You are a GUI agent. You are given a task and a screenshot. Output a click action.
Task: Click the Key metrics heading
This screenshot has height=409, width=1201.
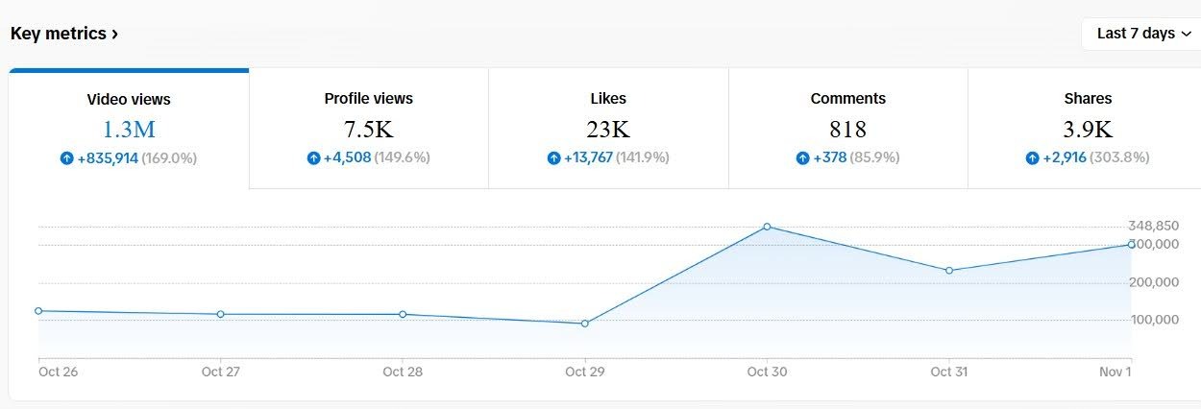coord(63,34)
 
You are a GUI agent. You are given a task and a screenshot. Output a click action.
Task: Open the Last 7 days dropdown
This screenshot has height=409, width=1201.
coord(1142,34)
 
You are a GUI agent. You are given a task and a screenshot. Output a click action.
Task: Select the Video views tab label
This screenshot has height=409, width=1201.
coord(129,99)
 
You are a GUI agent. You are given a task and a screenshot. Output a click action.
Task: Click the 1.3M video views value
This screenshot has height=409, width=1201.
coord(129,129)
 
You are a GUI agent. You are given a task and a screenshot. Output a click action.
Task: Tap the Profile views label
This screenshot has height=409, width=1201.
coord(368,98)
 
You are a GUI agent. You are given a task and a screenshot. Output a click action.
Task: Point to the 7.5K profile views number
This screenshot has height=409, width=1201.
coord(368,129)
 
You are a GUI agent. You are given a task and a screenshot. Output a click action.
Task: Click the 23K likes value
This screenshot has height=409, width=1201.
coord(608,129)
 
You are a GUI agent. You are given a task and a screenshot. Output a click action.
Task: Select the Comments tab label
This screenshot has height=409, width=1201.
coord(847,98)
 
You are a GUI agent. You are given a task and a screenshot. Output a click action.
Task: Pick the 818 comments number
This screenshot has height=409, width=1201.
coord(847,129)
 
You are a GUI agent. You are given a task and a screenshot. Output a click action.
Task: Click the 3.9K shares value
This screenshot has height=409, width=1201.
coord(1088,129)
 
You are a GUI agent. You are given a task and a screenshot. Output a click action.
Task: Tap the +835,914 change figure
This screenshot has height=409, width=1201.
coord(107,158)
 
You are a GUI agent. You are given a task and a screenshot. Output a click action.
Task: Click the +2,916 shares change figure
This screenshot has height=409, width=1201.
coord(1065,157)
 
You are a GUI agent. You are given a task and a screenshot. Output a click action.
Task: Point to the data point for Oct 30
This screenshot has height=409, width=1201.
coord(767,227)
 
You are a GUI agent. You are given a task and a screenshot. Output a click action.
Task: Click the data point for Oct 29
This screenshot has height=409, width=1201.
coord(584,324)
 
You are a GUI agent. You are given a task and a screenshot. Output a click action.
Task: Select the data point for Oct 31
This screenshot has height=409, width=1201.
coord(948,271)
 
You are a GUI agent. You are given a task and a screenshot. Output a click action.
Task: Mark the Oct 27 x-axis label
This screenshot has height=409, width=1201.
coord(220,372)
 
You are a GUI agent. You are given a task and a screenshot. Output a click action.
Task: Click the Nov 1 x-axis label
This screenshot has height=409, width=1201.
coord(1115,372)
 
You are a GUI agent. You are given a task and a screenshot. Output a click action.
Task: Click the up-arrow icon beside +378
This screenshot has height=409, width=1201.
coord(802,158)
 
